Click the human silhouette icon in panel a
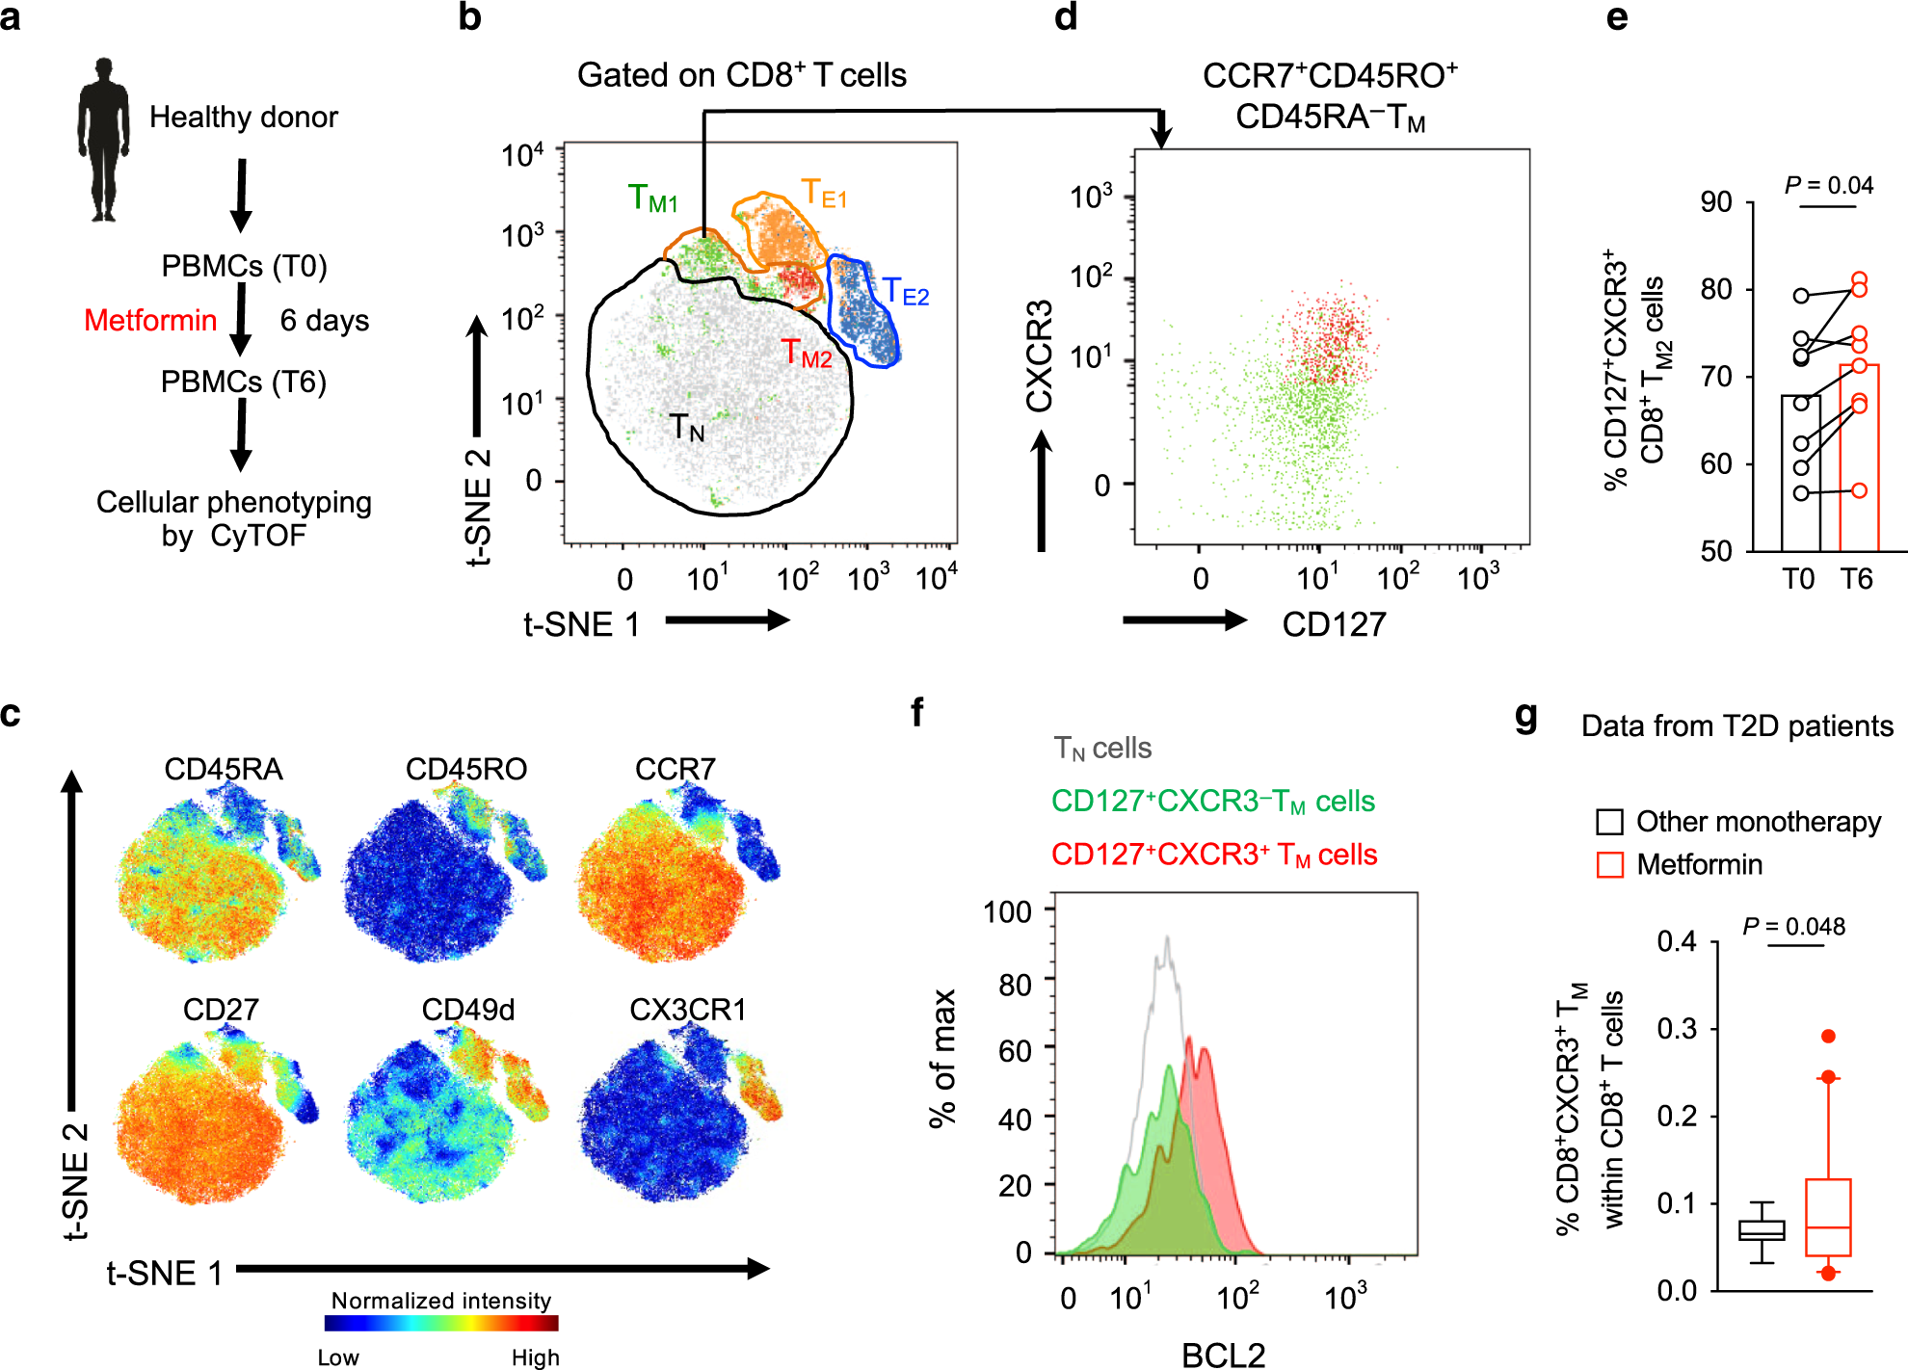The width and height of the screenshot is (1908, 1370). (103, 140)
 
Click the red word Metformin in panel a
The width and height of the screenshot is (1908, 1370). (150, 320)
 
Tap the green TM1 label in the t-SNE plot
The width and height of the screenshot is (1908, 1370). (652, 198)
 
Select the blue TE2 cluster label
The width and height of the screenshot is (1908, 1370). (906, 291)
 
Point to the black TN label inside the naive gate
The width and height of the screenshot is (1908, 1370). (687, 427)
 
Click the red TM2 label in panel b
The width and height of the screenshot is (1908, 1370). (807, 354)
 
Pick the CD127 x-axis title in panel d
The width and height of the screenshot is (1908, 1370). (1334, 624)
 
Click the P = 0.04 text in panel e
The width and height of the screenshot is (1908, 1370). (1828, 185)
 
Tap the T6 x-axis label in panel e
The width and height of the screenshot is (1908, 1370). (1856, 579)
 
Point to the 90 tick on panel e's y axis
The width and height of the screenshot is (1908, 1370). (1716, 202)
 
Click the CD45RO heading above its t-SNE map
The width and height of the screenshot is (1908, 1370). (465, 769)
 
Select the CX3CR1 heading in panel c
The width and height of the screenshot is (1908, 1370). (688, 1010)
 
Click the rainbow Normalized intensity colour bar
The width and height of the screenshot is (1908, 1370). (441, 1324)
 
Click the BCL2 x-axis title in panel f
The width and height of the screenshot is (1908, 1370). (1223, 1355)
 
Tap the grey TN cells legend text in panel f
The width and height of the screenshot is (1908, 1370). (1102, 749)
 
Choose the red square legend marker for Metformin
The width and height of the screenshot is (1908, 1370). (1609, 864)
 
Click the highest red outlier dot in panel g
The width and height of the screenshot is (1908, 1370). (1828, 1037)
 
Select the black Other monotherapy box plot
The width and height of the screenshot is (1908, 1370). (1762, 1231)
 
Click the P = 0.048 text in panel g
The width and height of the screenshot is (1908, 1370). (1793, 927)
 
